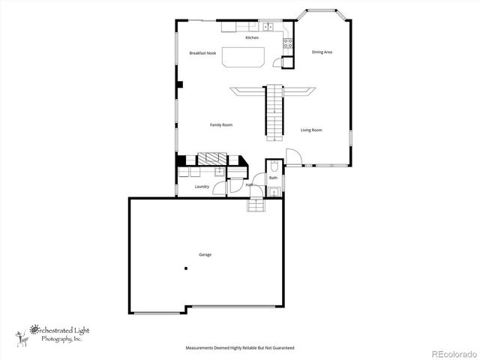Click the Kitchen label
pos(252,37)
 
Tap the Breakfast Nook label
pos(202,53)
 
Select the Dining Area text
pos(322,52)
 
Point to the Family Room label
pos(220,124)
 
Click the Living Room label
pos(311,130)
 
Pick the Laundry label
pos(202,186)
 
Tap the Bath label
pos(273,178)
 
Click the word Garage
pos(205,255)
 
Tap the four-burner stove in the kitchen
pos(287,43)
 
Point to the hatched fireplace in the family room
pos(211,159)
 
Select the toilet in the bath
pos(274,166)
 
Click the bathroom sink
pos(274,192)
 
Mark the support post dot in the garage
pos(185,268)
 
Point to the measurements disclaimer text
pos(240,348)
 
